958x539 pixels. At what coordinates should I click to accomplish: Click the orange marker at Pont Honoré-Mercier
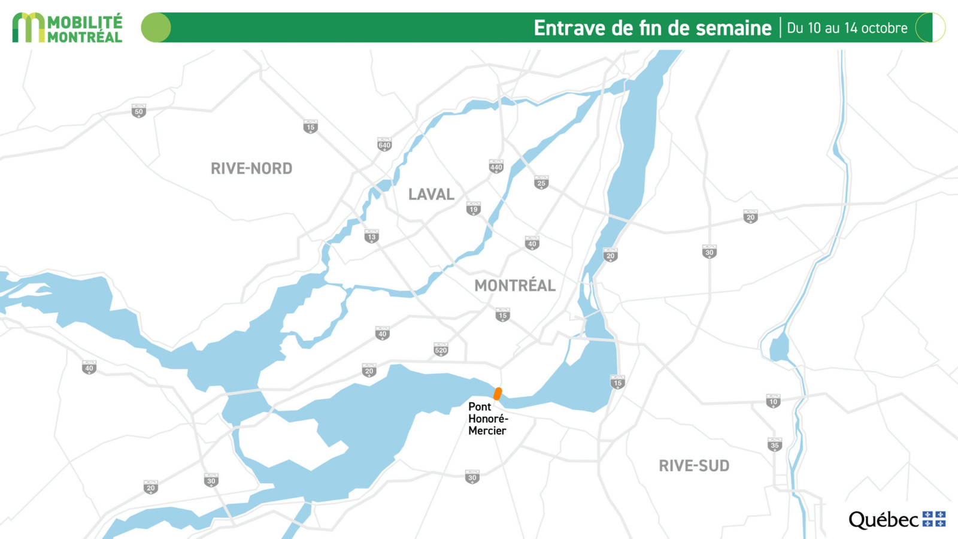[498, 393]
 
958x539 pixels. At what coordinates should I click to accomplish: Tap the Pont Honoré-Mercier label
[487, 419]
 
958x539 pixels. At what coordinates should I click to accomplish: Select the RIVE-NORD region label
[251, 168]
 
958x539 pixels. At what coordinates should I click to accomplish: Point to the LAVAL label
[431, 194]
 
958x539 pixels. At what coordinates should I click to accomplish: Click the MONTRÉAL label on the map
[515, 286]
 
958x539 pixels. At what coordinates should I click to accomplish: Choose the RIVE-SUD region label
[694, 466]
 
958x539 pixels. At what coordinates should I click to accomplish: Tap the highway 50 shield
[139, 111]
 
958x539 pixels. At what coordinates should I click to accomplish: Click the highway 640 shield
[384, 144]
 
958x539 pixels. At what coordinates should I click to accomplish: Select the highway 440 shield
[496, 166]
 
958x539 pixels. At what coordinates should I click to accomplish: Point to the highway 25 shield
[541, 183]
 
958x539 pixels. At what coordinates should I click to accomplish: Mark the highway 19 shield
[474, 208]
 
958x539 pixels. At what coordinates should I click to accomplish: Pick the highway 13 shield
[372, 237]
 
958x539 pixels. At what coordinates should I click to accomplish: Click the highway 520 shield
[441, 350]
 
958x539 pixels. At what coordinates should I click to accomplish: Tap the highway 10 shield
[774, 401]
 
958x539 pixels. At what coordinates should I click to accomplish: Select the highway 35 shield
[775, 444]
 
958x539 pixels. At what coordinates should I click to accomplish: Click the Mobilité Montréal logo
[67, 28]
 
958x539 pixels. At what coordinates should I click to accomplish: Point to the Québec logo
[896, 519]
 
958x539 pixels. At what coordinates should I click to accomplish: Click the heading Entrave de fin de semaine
[652, 28]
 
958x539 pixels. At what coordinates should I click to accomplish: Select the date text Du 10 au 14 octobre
[847, 28]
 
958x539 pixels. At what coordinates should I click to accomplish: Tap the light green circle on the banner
[156, 28]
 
